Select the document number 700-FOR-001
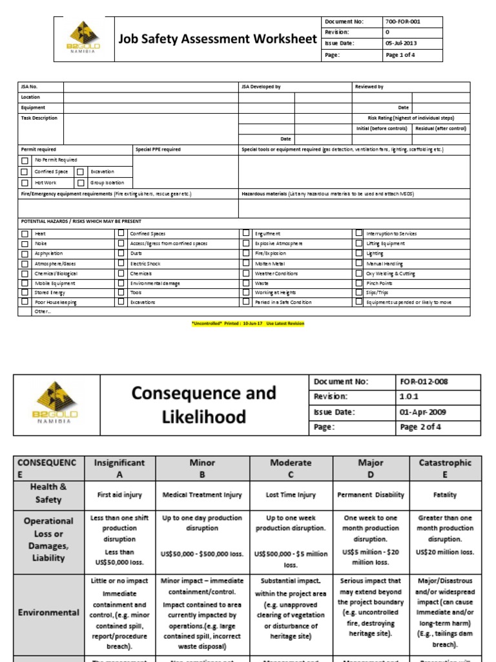[403, 21]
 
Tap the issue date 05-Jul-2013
[402, 43]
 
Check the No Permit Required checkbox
[25, 160]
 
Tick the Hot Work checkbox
[25, 183]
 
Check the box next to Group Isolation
[80, 183]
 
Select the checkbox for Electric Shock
[121, 264]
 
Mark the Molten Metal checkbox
[245, 264]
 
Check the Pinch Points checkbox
[359, 283]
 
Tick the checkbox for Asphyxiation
[25, 253]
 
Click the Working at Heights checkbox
[245, 293]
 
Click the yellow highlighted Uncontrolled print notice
[248, 323]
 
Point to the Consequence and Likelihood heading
[203, 404]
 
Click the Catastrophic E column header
[445, 468]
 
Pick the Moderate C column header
[290, 468]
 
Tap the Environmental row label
[48, 612]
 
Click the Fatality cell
[445, 495]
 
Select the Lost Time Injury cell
[290, 495]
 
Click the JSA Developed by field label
[261, 87]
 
